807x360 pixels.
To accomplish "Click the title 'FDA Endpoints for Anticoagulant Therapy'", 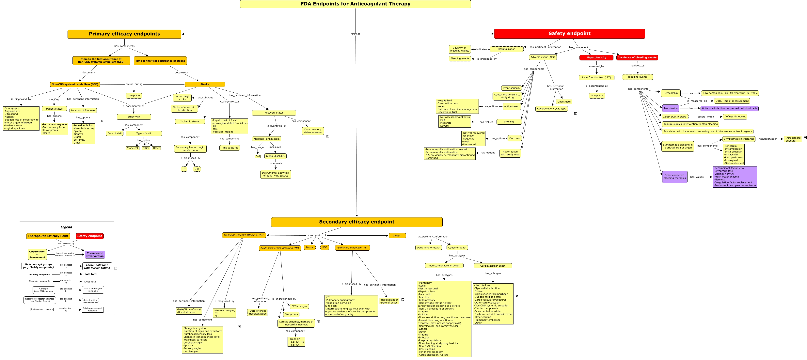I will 355,4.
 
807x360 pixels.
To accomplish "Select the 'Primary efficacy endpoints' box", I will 124,34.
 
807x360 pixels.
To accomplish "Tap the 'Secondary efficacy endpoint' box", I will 356,222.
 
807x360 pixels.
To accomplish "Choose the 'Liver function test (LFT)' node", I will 596,77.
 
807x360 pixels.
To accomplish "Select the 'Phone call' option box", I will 132,148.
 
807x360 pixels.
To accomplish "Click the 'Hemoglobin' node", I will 670,93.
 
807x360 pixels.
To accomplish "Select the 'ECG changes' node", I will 299,306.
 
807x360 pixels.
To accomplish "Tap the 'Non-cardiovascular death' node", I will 444,266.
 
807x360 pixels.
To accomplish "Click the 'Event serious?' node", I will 511,88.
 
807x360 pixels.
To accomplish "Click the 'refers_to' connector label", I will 355,34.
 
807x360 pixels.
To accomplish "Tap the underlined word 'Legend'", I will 66,227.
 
